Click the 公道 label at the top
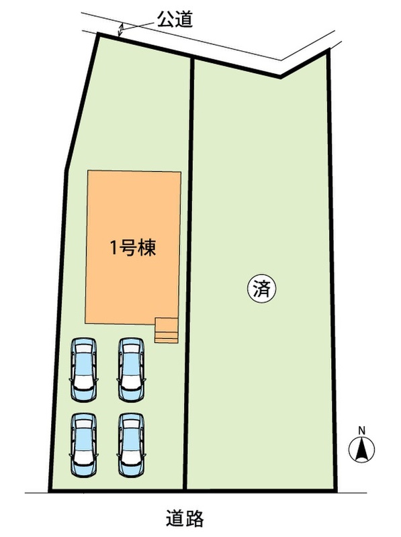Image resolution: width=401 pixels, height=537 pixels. click(175, 19)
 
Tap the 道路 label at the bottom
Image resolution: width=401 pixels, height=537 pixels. click(185, 518)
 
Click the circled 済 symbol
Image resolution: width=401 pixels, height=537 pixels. click(262, 290)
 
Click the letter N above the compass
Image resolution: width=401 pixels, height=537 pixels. click(361, 430)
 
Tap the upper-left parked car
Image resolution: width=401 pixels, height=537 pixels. click(84, 370)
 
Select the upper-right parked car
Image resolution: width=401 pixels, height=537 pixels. click(131, 370)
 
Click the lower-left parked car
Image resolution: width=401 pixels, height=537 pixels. click(84, 445)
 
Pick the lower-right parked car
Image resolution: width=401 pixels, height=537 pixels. click(131, 445)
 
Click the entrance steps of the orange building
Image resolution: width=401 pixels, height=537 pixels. click(167, 330)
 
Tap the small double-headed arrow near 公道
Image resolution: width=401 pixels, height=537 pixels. click(120, 30)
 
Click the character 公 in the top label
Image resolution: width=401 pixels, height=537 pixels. click(166, 19)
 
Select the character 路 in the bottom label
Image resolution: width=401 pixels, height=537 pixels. click(195, 518)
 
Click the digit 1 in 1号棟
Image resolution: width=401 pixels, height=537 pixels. click(114, 248)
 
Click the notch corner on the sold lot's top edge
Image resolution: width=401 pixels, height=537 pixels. click(280, 77)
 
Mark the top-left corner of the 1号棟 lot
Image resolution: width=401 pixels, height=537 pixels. click(98, 34)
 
